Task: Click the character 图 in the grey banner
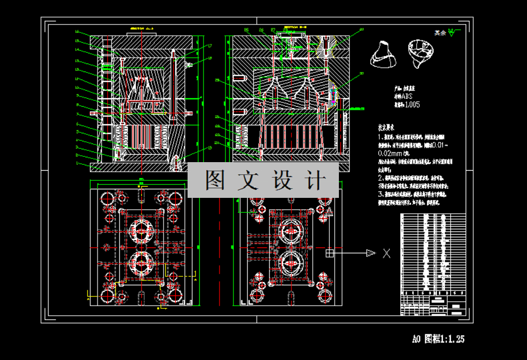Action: click(x=214, y=181)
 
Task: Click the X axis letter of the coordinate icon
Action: click(x=387, y=253)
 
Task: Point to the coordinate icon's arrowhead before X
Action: click(x=371, y=253)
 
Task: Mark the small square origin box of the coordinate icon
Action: click(x=330, y=253)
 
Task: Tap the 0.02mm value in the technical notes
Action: click(x=391, y=153)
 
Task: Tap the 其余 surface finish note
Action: click(x=440, y=33)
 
